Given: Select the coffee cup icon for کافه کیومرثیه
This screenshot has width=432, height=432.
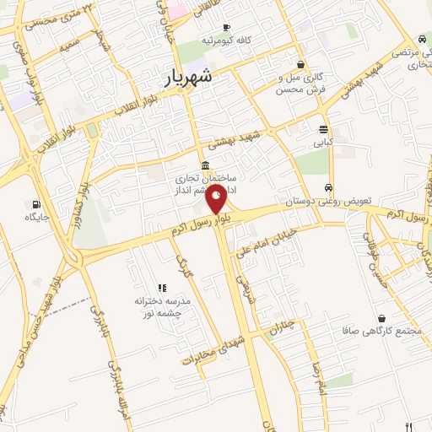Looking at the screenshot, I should pos(226,27).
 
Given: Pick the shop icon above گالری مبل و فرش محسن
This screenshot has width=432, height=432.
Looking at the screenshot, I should pos(301,64).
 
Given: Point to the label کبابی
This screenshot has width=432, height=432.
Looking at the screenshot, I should pos(325,143).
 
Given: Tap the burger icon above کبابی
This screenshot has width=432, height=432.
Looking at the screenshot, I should pos(324,129).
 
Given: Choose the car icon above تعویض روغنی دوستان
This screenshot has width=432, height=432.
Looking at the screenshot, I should pos(329,189).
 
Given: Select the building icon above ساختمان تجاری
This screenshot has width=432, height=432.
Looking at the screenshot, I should pos(206,165).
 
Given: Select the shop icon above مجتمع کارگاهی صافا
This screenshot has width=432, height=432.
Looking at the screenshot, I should pos(384,318).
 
